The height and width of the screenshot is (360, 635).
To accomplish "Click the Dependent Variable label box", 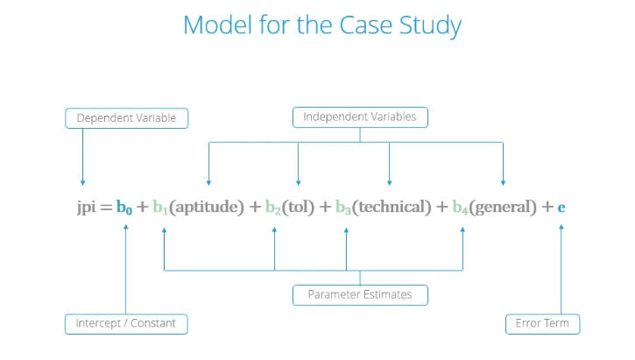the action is (127, 118).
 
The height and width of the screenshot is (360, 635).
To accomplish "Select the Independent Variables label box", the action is (360, 117).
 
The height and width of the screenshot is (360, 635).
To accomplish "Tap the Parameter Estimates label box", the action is (360, 295).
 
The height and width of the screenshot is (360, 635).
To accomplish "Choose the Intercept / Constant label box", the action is (126, 324).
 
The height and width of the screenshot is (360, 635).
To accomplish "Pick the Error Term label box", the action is (543, 324).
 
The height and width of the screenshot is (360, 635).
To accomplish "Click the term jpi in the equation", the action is (86, 208).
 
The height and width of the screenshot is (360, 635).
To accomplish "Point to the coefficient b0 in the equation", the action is (123, 208).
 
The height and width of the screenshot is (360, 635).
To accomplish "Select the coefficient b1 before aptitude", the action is (160, 208).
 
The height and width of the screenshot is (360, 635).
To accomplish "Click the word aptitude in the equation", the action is (207, 208).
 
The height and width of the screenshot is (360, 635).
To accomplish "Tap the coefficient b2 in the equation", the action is (273, 208).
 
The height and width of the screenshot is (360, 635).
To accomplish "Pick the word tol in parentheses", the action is (298, 207).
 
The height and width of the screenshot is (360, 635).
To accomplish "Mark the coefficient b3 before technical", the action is (343, 208).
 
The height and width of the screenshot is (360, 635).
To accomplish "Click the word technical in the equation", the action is (392, 207).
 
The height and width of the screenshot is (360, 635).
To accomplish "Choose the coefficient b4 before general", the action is (460, 208).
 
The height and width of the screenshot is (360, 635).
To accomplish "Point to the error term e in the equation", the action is (561, 208).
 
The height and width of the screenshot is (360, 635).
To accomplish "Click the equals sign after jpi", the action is (106, 208).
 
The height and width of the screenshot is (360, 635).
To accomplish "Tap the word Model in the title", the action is (218, 25).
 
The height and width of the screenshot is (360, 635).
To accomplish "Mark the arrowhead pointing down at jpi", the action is (82, 183).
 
